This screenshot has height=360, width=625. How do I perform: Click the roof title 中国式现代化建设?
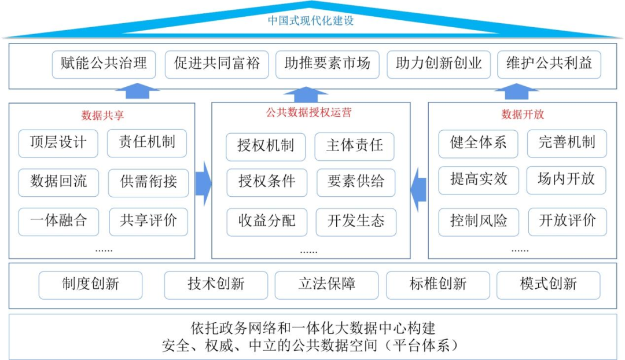pyautogui.click(x=311, y=20)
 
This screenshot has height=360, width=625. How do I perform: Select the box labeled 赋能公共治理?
pyautogui.click(x=104, y=64)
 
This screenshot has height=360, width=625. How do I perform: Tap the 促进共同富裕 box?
pyautogui.click(x=217, y=64)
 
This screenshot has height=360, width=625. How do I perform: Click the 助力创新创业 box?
pyautogui.click(x=439, y=64)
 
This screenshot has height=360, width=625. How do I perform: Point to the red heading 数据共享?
pyautogui.click(x=102, y=116)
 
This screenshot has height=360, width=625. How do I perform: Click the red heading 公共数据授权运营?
pyautogui.click(x=309, y=112)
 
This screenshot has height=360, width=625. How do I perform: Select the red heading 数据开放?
pyautogui.click(x=523, y=115)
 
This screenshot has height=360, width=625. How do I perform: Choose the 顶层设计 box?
pyautogui.click(x=58, y=143)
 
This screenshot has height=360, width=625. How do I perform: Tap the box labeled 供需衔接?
pyautogui.click(x=148, y=182)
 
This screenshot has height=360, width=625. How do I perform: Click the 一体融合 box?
pyautogui.click(x=58, y=221)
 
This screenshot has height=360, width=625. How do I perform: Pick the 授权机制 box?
pyautogui.click(x=266, y=146)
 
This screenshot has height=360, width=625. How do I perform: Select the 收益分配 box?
pyautogui.click(x=267, y=222)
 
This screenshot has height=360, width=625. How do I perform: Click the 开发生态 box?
pyautogui.click(x=356, y=222)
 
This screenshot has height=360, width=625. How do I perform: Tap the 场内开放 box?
pyautogui.click(x=567, y=180)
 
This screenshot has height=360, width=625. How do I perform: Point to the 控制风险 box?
pyautogui.click(x=479, y=222)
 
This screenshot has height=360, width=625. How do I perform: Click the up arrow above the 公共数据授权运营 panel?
pyautogui.click(x=306, y=94)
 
